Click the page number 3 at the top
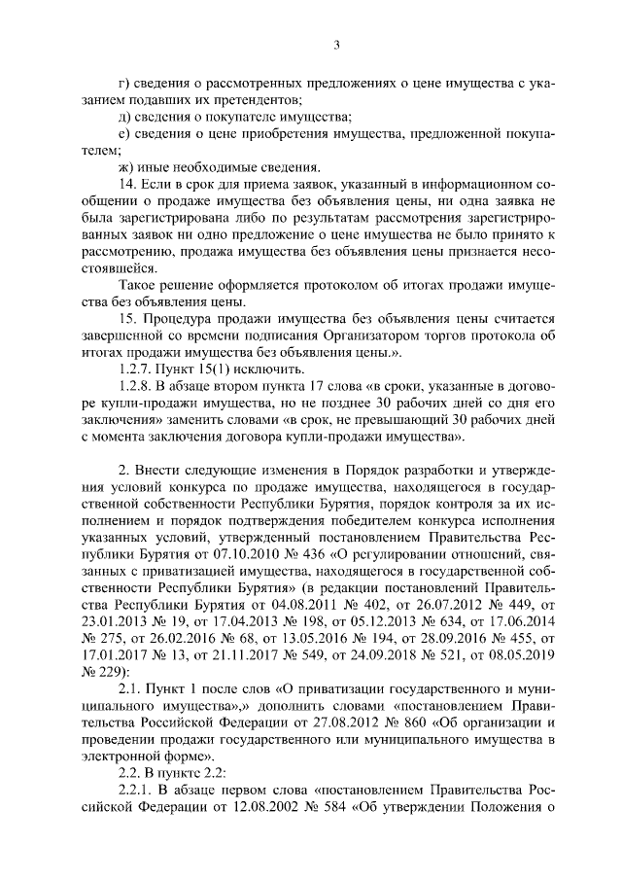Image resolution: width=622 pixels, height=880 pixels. click(335, 44)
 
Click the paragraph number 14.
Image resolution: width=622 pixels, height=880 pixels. click(124, 184)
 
